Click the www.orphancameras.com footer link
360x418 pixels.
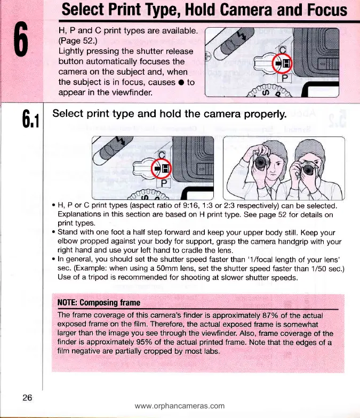click(180, 406)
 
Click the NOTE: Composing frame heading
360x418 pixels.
click(98, 303)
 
